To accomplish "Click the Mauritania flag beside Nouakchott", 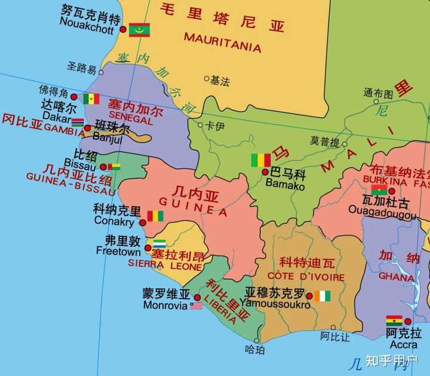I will click(x=139, y=30).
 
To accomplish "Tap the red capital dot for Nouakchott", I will click(x=123, y=29).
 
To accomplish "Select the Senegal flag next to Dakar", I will click(x=91, y=99).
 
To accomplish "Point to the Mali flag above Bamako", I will click(x=260, y=160).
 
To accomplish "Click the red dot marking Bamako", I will click(x=265, y=172).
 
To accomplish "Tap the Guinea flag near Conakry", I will click(x=155, y=215).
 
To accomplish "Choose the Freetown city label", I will click(x=118, y=252).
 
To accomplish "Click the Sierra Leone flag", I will click(x=159, y=244).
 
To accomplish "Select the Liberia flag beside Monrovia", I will click(x=196, y=306).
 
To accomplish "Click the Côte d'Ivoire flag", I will click(x=322, y=295).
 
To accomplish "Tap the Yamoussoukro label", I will click(x=278, y=305).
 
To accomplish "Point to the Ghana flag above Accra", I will click(x=394, y=320).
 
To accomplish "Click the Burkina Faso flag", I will click(x=379, y=190).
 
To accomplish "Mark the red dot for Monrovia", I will click(x=197, y=297).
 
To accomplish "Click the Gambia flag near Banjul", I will click(x=78, y=122).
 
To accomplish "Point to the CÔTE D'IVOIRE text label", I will click(x=306, y=276).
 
